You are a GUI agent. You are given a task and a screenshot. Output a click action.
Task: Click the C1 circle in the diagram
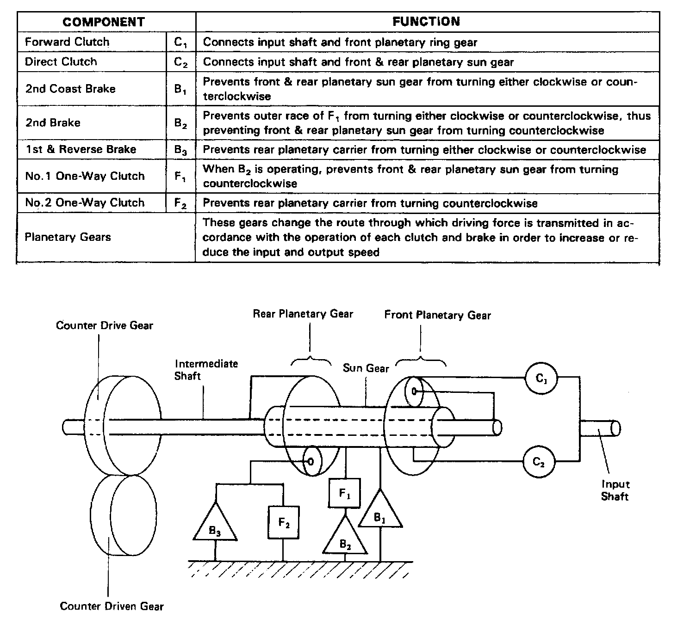pos(541,378)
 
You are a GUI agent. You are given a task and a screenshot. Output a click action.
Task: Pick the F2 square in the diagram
pos(284,523)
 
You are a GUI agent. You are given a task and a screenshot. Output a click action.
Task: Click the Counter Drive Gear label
pos(105,325)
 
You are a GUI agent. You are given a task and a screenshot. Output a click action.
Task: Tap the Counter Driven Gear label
pos(112,606)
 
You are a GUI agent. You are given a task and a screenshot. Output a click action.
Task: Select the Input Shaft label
pos(615,490)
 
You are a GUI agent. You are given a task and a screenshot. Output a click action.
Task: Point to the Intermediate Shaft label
pos(206,370)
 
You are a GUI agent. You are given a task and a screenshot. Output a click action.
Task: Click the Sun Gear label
pos(366,368)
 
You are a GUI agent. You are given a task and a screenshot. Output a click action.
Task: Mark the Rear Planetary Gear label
pos(303,314)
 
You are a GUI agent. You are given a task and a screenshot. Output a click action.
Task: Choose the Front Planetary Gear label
pos(437,315)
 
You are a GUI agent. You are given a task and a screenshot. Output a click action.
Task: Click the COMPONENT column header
pos(104,22)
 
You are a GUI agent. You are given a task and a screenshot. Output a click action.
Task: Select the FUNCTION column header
pos(426,21)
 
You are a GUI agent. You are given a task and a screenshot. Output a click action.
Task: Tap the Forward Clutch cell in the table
pos(67,42)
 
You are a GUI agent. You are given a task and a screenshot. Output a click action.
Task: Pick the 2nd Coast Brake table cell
pos(70,89)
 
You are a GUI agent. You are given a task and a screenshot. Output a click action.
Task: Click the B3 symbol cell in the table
pos(180,150)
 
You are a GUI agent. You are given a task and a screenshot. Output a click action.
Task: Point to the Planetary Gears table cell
pos(68,237)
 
